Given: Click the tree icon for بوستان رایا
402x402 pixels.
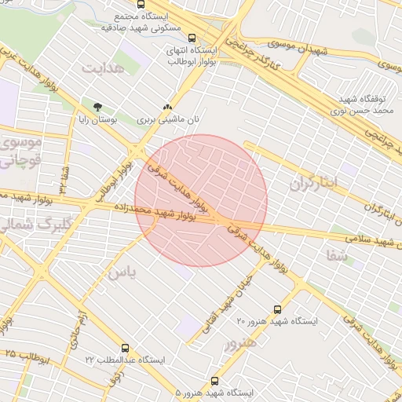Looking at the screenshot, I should click(x=97, y=107).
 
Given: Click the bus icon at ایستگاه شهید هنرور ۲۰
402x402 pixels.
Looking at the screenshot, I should click(x=276, y=309).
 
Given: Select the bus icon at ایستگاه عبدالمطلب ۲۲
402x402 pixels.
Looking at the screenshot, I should click(x=125, y=348).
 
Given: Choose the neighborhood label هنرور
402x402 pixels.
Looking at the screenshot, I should click(x=240, y=343).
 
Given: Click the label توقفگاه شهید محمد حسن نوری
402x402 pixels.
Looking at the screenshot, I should click(x=366, y=106).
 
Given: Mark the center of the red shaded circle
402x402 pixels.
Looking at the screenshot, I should click(x=201, y=201).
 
